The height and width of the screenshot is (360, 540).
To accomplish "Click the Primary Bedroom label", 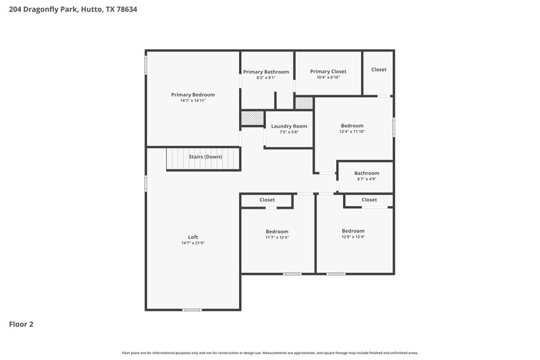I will pos(193,95).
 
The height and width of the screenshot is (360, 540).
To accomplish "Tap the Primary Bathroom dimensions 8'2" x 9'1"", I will pos(266,78).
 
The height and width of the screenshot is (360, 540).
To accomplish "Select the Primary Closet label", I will pos(328,71).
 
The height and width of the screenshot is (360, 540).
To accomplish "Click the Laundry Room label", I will pos(289,126).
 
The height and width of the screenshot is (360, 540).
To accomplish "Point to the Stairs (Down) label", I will pos(205,156).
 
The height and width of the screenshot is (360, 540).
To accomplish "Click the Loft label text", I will pos(193,236).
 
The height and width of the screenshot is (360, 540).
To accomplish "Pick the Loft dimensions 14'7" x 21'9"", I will pos(193,242).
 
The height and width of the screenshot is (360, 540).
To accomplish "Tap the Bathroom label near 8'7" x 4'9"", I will pos(367,173).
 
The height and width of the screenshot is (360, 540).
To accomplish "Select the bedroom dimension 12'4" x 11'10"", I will pos(352,132).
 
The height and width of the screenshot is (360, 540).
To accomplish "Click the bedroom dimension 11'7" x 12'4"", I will pos(277,237).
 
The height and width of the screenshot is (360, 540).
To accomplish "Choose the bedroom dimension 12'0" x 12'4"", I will pos(352,236).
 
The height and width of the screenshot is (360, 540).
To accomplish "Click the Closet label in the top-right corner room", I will pos(379,69).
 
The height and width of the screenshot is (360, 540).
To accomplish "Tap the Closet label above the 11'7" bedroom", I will pos(267,200).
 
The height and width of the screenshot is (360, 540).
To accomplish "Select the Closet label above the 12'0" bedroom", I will pos(369,200).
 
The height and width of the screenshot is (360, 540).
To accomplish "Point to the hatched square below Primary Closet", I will pos(304,103).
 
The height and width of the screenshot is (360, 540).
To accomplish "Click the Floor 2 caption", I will pos(21,324).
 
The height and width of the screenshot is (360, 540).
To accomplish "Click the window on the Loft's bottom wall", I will pos(192,309).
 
